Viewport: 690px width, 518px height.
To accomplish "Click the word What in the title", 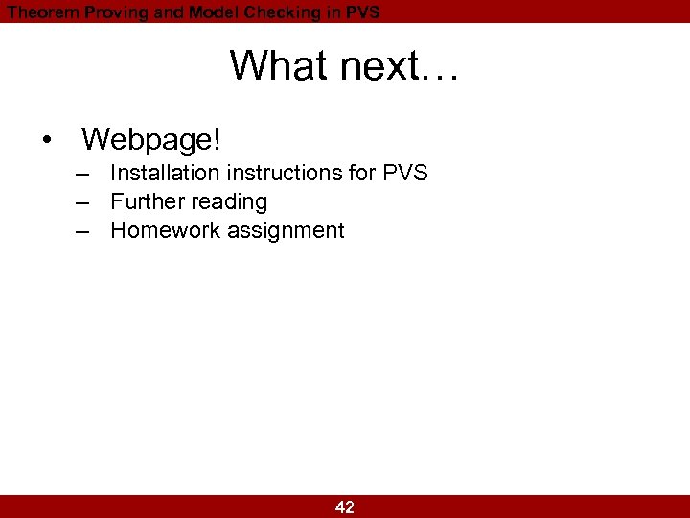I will pyautogui.click(x=270, y=66).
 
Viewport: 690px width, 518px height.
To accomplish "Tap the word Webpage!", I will pyautogui.click(x=151, y=140).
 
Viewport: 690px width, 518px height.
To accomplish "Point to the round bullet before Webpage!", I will pyautogui.click(x=47, y=141).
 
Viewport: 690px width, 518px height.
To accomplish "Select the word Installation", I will pyautogui.click(x=166, y=174).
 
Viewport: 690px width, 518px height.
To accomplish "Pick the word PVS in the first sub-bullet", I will pyautogui.click(x=404, y=174).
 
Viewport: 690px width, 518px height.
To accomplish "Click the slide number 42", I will pyautogui.click(x=345, y=507).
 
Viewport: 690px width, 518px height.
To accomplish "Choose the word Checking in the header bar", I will pyautogui.click(x=286, y=12).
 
